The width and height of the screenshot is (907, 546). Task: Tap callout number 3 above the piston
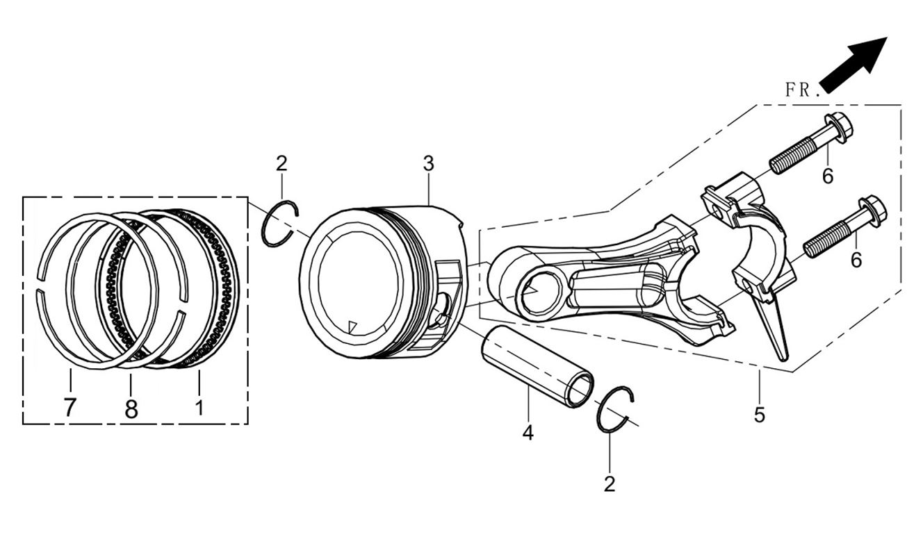428,164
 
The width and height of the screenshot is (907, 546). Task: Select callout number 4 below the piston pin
528,433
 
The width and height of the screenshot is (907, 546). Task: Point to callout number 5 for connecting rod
759,415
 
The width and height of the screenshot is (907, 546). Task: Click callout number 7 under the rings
70,407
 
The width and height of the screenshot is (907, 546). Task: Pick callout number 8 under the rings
131,408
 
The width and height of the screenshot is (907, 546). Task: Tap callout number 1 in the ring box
199,406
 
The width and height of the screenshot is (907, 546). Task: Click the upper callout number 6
827,176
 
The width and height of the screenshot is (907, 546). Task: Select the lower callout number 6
856,260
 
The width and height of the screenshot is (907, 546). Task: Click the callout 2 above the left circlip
281,164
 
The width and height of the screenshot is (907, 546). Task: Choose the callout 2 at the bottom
610,483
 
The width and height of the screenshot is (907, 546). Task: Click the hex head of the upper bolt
839,127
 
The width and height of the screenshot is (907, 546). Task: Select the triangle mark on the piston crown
352,324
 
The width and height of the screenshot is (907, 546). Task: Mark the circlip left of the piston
280,222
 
